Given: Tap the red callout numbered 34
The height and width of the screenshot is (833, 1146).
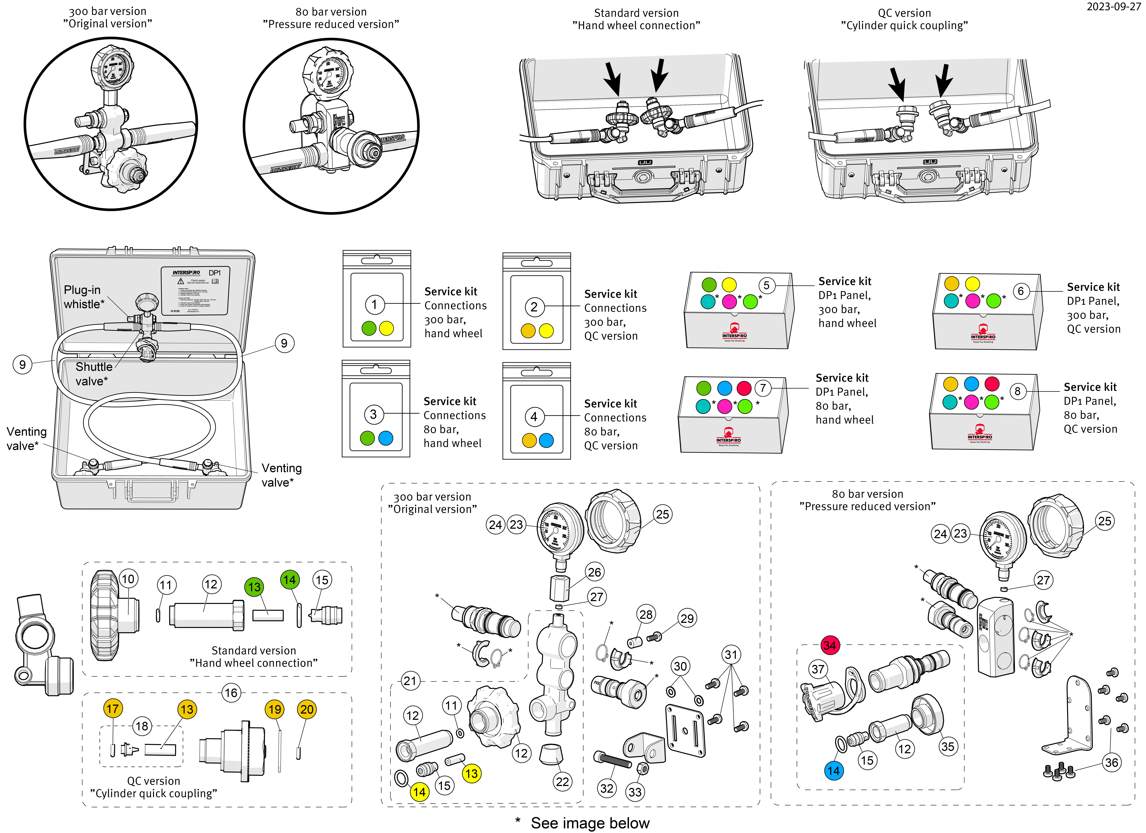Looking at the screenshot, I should point(830,645).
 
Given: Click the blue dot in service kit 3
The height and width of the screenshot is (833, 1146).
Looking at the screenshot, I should point(385,438).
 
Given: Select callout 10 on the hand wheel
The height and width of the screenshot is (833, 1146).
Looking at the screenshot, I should point(128,579).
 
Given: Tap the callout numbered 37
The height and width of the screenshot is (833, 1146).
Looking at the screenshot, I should point(817,669).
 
